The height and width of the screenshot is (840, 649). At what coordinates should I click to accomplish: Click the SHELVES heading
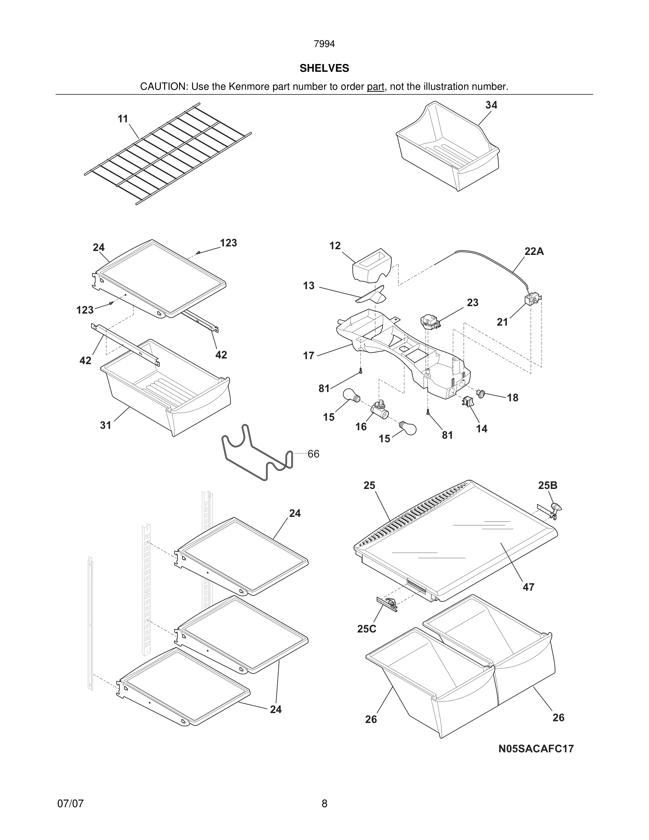[x=324, y=69]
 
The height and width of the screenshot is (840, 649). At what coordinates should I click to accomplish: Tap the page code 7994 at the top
[x=324, y=44]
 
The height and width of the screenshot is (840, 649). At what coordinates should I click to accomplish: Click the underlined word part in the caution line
[x=375, y=87]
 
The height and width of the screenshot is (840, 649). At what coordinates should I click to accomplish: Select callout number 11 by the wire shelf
[x=123, y=119]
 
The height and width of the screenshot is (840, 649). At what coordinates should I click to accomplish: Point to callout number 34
[x=491, y=105]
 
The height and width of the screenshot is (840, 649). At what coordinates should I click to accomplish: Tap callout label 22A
[x=534, y=251]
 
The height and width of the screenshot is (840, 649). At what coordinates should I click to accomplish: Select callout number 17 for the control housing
[x=308, y=356]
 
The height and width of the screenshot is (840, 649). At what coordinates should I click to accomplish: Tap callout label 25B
[x=548, y=485]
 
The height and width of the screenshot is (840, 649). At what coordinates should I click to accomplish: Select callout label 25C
[x=367, y=629]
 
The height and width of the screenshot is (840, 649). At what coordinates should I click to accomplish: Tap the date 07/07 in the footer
[x=70, y=804]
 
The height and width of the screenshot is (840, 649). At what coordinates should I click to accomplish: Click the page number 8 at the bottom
[x=324, y=804]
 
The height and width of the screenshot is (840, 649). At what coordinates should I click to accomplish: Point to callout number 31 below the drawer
[x=105, y=425]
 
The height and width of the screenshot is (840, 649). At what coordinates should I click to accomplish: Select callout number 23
[x=473, y=303]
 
